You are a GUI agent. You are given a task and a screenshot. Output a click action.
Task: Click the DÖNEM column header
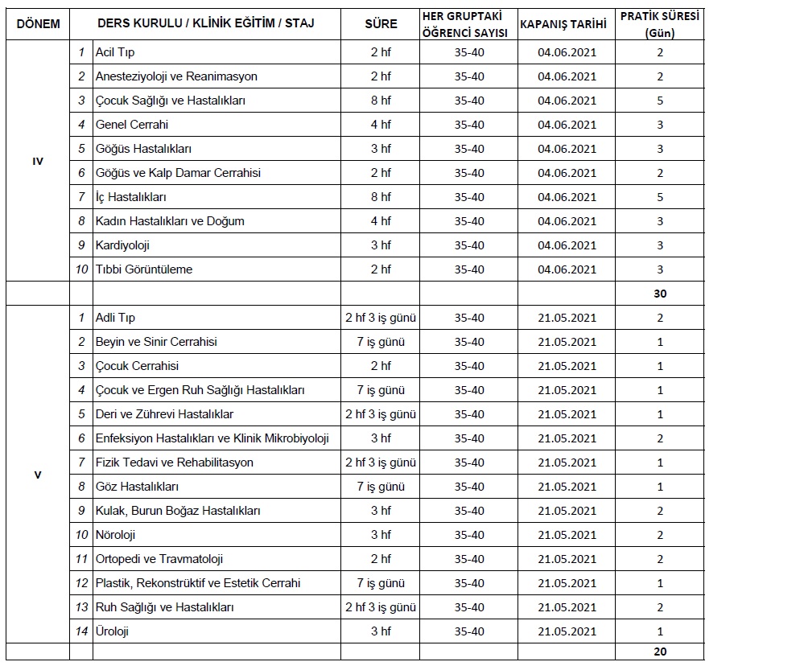pos(38,23)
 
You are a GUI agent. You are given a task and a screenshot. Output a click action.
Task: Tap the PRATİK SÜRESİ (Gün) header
pos(659,23)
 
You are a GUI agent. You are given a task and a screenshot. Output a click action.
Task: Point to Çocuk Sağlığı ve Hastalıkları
pos(170,101)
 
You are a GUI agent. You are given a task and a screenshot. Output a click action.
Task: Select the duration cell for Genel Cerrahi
pos(381,125)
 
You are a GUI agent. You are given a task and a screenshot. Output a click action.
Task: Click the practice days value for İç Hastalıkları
pos(660,197)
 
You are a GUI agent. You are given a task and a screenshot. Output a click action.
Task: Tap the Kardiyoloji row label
pos(122,245)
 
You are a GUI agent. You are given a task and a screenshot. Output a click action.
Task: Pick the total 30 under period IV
pos(660,294)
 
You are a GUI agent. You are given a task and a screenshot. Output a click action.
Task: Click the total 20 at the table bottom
pos(660,652)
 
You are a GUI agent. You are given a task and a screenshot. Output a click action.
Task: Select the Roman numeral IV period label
pos(38,161)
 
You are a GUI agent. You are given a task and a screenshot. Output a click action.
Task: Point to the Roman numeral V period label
pos(38,475)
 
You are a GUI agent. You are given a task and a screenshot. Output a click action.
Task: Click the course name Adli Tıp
pos(115,318)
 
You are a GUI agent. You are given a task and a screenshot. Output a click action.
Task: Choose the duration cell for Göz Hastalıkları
pos(381,487)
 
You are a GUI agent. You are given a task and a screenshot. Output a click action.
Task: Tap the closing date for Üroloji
pos(567,631)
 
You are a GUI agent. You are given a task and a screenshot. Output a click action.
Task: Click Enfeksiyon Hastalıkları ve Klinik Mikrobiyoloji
pos(212,438)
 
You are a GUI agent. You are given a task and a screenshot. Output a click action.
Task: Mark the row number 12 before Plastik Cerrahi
pos(80,583)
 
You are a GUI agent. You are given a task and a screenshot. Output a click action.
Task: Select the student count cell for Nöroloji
pos(469,535)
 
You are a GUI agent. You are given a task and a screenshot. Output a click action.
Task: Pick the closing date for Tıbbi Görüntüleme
pos(567,269)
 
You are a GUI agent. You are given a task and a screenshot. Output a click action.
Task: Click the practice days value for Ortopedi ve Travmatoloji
pos(660,559)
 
